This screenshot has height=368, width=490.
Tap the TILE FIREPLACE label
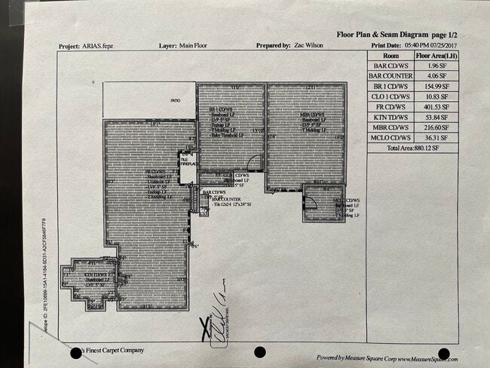[x=186, y=162]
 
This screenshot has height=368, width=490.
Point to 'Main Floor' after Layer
[x=194, y=46]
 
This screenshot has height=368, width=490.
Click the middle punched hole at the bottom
[x=260, y=352]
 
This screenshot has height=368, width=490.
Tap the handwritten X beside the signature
[x=203, y=327]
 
